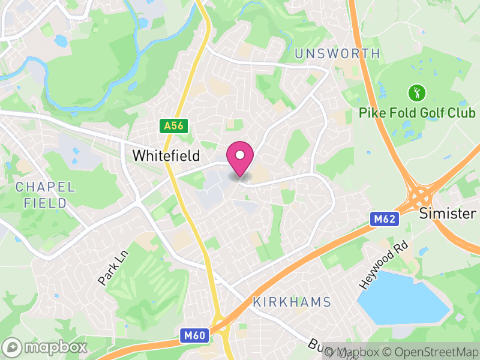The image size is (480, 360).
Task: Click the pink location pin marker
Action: [240, 157]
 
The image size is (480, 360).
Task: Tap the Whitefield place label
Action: [166, 155]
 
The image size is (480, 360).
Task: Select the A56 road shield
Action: [174, 125]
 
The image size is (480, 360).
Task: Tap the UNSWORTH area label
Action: [338, 54]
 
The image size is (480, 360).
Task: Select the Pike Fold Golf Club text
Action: [417, 113]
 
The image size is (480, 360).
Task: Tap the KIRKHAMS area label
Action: [292, 302]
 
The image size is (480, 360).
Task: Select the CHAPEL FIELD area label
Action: [46, 195]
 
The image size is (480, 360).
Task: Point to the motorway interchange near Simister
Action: [422, 196]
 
